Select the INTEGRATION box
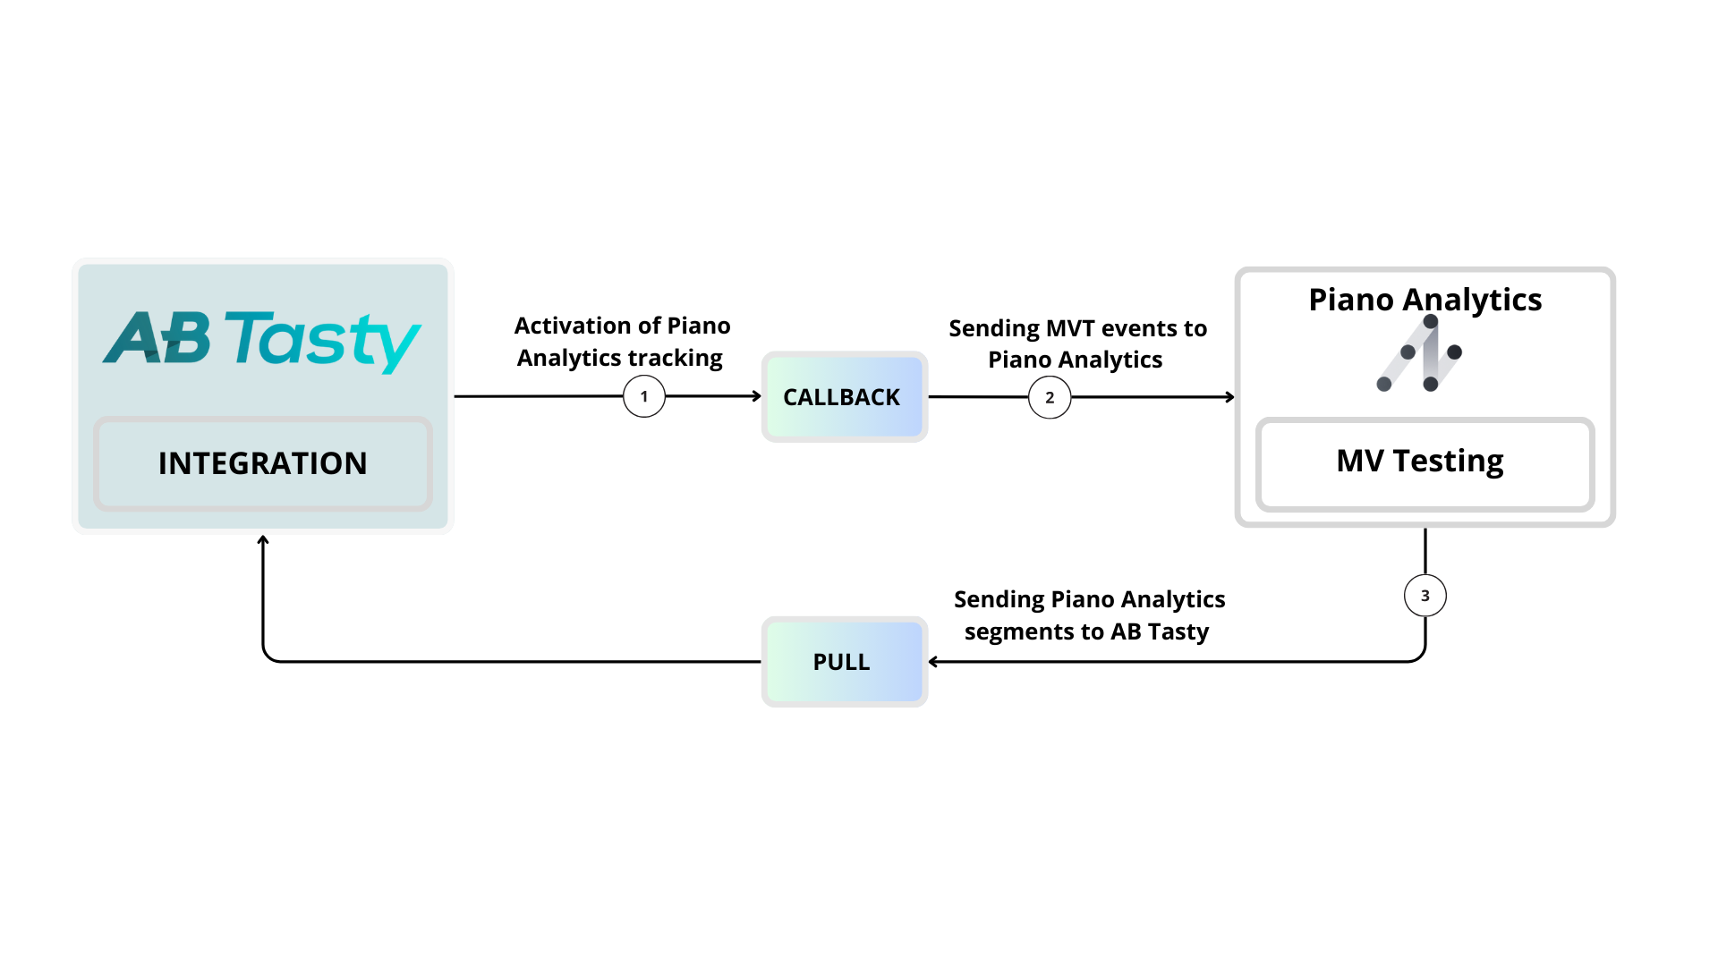point(262,463)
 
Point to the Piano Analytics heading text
point(1425,300)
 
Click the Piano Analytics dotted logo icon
point(1420,353)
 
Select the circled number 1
point(644,396)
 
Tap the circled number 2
point(1050,397)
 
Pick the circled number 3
point(1425,596)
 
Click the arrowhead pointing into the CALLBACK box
point(756,396)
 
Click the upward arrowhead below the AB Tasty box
point(263,540)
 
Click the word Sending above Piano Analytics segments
point(999,599)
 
